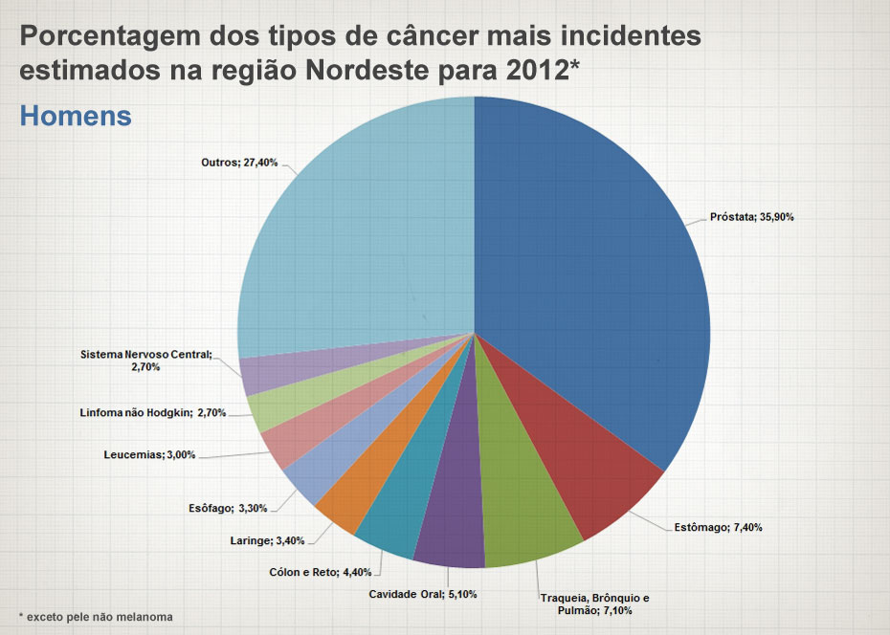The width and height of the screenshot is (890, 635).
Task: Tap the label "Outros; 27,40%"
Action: coord(239,163)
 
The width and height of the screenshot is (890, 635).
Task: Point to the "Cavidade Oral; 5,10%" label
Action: coord(422,594)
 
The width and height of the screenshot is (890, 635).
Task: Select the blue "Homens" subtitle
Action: coord(75,116)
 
